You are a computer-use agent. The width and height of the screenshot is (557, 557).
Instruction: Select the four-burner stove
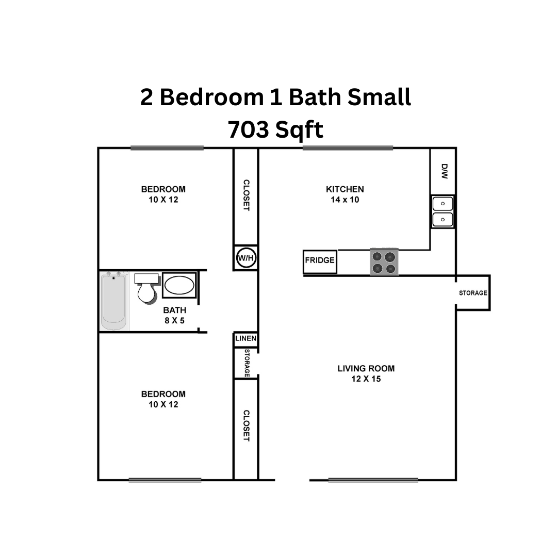pyautogui.click(x=384, y=261)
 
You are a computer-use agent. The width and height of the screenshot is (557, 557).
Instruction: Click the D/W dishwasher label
pyautogui.click(x=445, y=171)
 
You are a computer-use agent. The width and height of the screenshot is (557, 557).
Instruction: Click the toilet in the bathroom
pyautogui.click(x=146, y=289)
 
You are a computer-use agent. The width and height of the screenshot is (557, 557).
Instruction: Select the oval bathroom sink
pyautogui.click(x=179, y=285)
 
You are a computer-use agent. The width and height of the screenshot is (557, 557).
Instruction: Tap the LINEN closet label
pyautogui.click(x=245, y=339)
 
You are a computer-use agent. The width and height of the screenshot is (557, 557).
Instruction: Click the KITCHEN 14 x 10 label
pyautogui.click(x=345, y=194)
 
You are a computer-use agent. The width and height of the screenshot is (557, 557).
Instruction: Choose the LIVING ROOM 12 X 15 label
pyautogui.click(x=366, y=373)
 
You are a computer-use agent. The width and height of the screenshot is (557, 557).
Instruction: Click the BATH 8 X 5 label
pyautogui.click(x=174, y=315)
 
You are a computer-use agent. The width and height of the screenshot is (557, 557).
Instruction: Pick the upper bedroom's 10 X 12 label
pyautogui.click(x=163, y=200)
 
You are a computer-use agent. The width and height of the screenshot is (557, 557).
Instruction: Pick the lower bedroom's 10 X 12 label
pyautogui.click(x=163, y=404)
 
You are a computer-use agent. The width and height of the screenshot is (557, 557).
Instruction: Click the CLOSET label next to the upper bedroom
pyautogui.click(x=246, y=195)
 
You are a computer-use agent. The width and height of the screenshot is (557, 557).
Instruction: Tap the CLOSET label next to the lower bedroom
pyautogui.click(x=246, y=425)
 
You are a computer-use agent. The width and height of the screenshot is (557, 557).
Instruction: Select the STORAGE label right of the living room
pyautogui.click(x=473, y=293)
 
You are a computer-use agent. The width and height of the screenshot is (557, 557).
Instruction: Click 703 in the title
pyautogui.click(x=248, y=130)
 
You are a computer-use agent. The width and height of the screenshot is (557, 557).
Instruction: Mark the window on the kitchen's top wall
pyautogui.click(x=348, y=149)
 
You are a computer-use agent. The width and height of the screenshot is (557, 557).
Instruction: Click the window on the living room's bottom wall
pyautogui.click(x=373, y=480)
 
